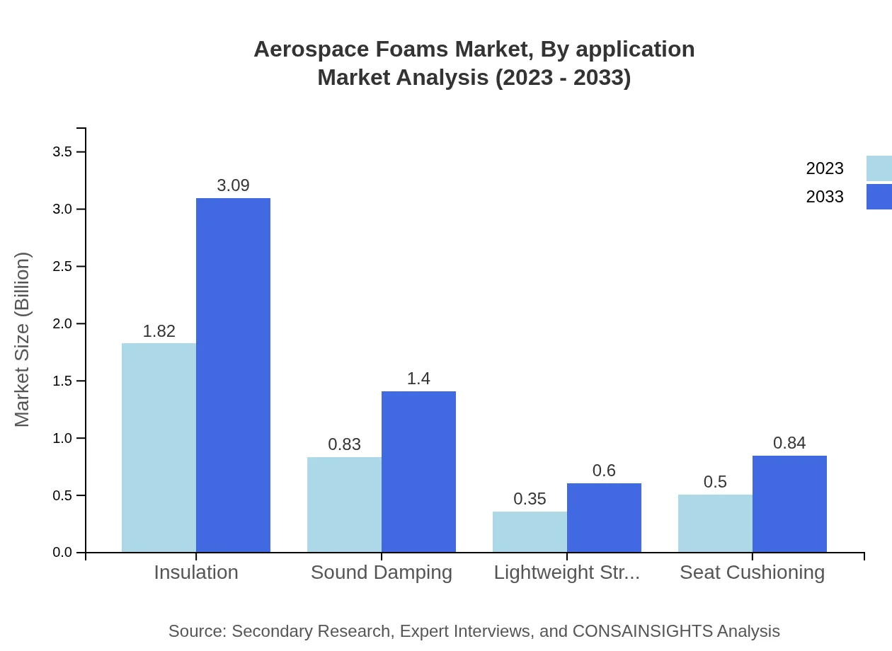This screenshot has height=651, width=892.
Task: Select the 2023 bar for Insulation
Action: point(159,447)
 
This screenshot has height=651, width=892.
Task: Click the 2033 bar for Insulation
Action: point(233,375)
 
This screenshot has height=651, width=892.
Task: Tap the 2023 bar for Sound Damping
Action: point(344,505)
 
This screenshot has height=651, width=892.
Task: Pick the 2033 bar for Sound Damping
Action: point(418,471)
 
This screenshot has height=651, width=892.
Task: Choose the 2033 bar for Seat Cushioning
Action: point(789,504)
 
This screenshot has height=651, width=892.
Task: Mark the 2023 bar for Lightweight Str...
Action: point(530,531)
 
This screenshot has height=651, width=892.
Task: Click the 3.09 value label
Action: point(233,185)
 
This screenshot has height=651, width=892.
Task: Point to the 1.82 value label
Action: point(159,331)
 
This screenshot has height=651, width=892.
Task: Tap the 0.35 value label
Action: point(530,499)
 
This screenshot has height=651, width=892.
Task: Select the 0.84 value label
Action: point(789,443)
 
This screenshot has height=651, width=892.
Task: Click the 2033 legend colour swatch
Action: point(879,197)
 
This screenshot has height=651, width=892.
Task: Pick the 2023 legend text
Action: point(825,168)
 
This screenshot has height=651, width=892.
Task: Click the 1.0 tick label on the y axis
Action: point(62,439)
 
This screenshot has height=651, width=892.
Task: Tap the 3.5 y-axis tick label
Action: point(62,152)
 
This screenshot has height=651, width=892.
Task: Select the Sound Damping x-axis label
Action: point(382,572)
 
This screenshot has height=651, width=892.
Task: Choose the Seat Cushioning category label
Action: point(752,572)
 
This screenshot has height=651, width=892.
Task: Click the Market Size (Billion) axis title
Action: point(23,340)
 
